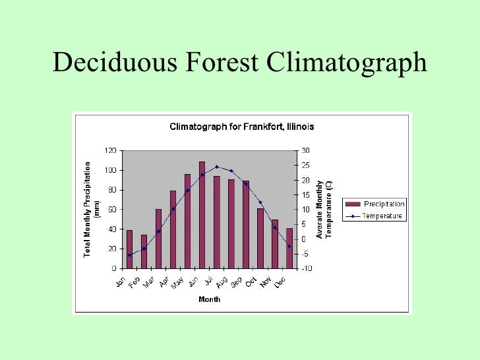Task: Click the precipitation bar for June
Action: [x=202, y=215]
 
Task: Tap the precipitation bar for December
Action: [x=289, y=248]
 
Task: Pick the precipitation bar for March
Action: [x=158, y=239]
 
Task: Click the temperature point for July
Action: [x=217, y=167]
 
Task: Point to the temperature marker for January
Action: [x=129, y=255]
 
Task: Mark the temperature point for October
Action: [x=260, y=202]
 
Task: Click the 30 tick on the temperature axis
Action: [x=305, y=150]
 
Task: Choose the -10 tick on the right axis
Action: [x=306, y=268]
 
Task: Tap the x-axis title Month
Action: [x=210, y=299]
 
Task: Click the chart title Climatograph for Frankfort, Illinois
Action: [x=241, y=127]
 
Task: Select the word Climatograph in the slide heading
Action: [x=347, y=63]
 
